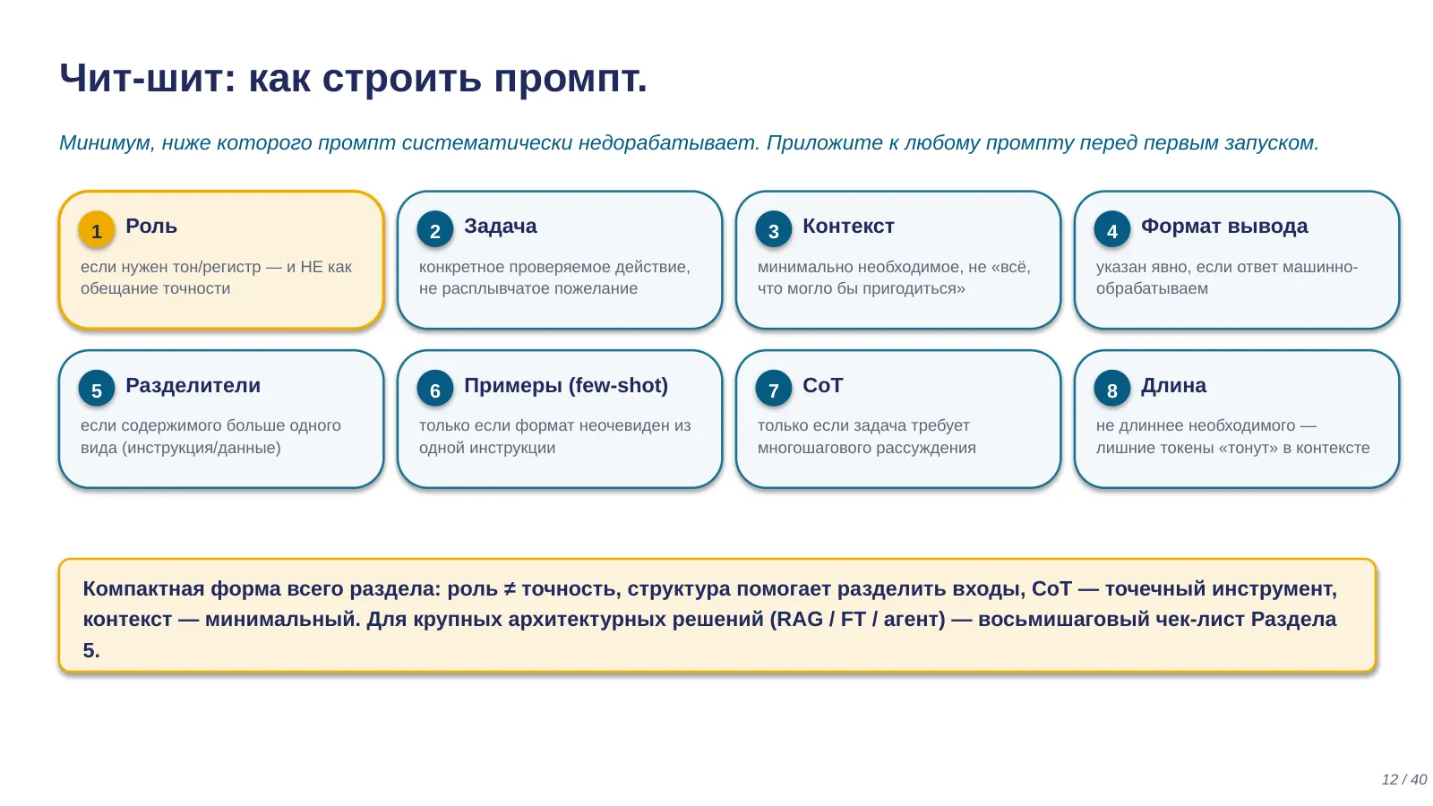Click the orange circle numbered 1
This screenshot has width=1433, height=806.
pos(97,229)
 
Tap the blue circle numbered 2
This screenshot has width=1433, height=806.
pos(435,229)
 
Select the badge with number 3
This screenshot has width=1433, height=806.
pos(774,229)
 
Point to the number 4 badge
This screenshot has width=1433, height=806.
pos(1111,229)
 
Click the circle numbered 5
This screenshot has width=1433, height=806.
pos(97,389)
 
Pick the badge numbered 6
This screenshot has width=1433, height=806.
pos(435,389)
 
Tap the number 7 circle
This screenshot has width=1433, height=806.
pos(774,389)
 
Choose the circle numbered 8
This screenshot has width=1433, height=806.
pos(1111,389)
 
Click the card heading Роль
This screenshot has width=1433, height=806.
pos(151,227)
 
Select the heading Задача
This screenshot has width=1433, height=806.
pos(501,227)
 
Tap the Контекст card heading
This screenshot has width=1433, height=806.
pos(848,227)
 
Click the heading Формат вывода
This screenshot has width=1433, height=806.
pos(1224,227)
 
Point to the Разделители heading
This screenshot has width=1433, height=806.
pos(193,386)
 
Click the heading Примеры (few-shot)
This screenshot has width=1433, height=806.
pos(565,386)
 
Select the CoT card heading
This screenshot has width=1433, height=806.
pos(823,386)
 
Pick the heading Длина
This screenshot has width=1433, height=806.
pos(1173,386)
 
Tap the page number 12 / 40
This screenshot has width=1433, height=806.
pos(1403,779)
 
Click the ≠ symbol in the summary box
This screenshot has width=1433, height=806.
pos(510,588)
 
